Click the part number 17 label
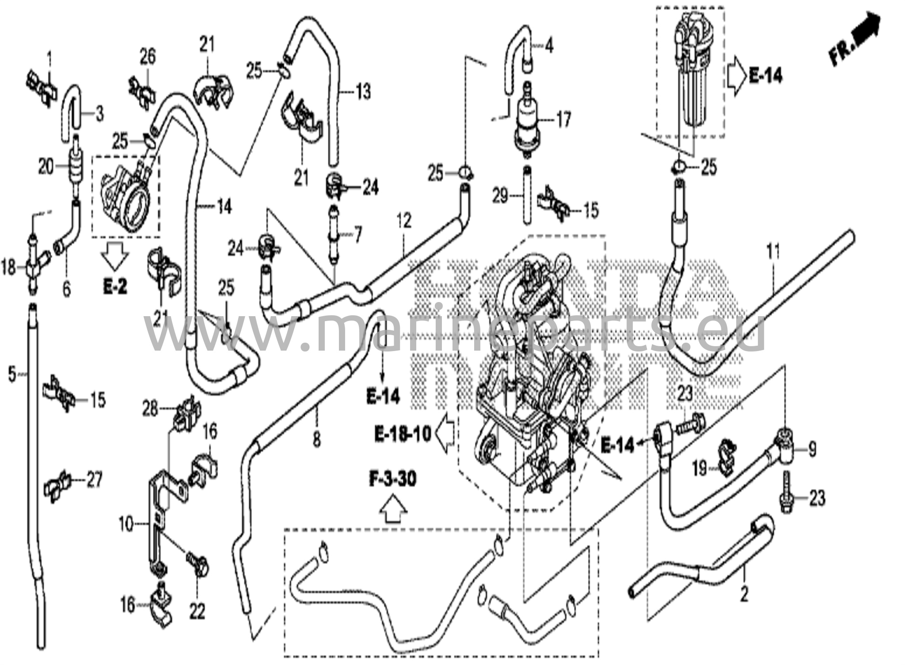563,120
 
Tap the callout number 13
363,92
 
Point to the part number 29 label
500,196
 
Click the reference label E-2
115,287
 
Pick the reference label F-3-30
393,479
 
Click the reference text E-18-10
403,434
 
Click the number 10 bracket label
126,525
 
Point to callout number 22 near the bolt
197,612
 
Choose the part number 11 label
773,252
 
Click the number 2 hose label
744,594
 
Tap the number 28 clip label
150,409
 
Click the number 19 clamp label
700,469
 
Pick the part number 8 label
316,439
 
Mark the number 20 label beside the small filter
46,167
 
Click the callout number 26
148,57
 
